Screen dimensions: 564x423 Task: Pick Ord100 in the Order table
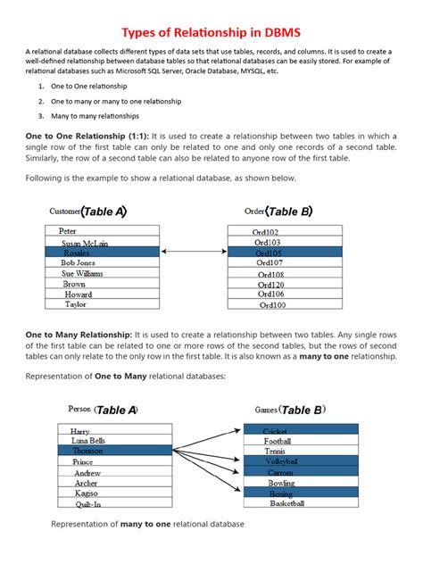pyautogui.click(x=272, y=304)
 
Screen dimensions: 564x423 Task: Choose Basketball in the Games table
pyautogui.click(x=286, y=503)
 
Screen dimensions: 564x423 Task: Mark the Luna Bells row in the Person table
pyautogui.click(x=89, y=441)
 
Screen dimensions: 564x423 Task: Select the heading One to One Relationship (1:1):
pyautogui.click(x=93, y=133)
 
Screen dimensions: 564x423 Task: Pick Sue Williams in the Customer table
pyautogui.click(x=82, y=274)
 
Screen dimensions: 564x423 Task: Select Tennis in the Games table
pyautogui.click(x=276, y=452)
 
